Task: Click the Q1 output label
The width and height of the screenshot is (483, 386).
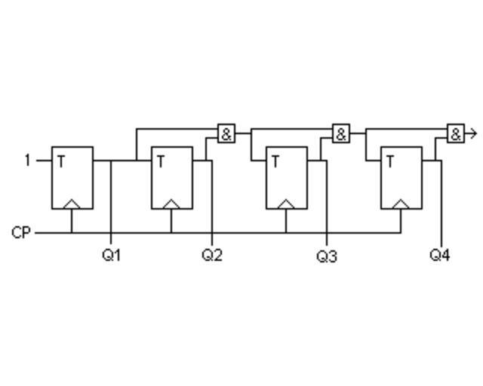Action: (x=112, y=255)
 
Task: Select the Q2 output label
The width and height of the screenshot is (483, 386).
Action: (x=212, y=255)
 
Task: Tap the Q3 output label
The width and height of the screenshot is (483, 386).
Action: (x=327, y=256)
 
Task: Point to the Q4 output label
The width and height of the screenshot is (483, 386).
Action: (x=440, y=255)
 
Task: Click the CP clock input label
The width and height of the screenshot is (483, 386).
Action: (x=21, y=233)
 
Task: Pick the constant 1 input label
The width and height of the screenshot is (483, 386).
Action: (x=28, y=161)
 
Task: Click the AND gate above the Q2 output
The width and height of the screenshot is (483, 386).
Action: (x=226, y=133)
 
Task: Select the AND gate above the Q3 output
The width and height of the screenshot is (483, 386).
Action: (x=341, y=133)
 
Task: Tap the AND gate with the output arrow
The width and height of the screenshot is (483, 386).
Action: (x=456, y=133)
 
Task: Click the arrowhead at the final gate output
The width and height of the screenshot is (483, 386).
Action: (x=475, y=133)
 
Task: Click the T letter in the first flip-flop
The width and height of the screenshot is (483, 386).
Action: (x=61, y=161)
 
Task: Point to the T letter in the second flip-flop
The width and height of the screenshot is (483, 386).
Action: (x=161, y=161)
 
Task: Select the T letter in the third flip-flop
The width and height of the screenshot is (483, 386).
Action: (x=275, y=161)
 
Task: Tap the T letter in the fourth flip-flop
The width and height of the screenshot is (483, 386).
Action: (x=390, y=161)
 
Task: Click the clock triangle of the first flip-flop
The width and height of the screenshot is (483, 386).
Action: (x=72, y=204)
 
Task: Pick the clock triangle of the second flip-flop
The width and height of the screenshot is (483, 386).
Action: (x=171, y=204)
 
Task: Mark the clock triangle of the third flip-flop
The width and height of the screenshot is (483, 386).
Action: (x=286, y=204)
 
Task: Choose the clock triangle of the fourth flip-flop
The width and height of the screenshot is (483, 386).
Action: (x=401, y=204)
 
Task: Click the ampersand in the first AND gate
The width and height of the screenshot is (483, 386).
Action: (x=226, y=134)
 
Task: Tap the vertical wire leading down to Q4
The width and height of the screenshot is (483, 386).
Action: (x=441, y=203)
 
